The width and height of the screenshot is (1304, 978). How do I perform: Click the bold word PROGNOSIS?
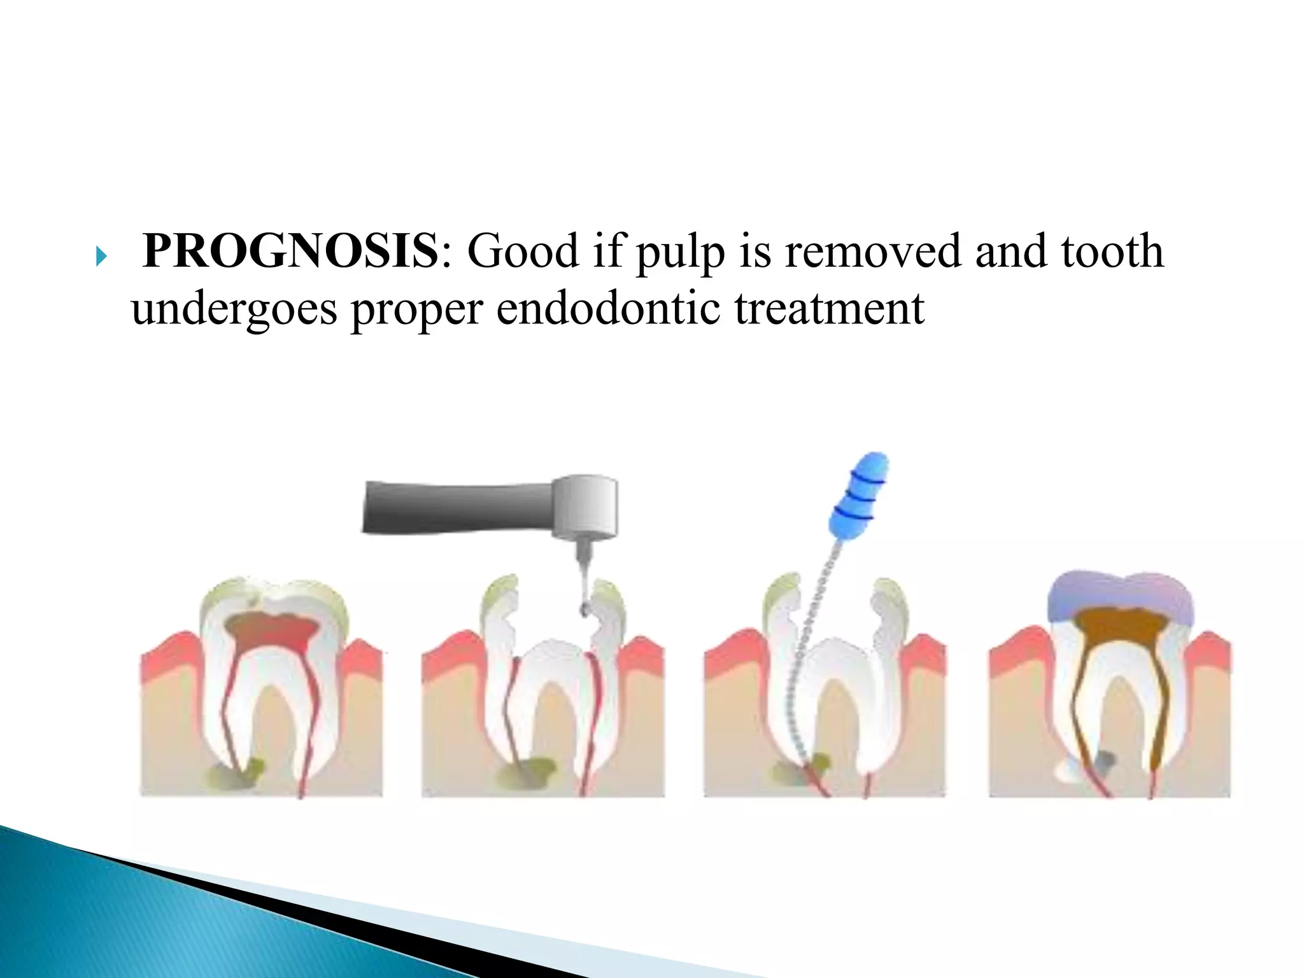tap(290, 252)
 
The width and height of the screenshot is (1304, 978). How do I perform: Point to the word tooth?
tap(1112, 252)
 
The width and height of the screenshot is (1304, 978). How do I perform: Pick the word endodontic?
tap(608, 309)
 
